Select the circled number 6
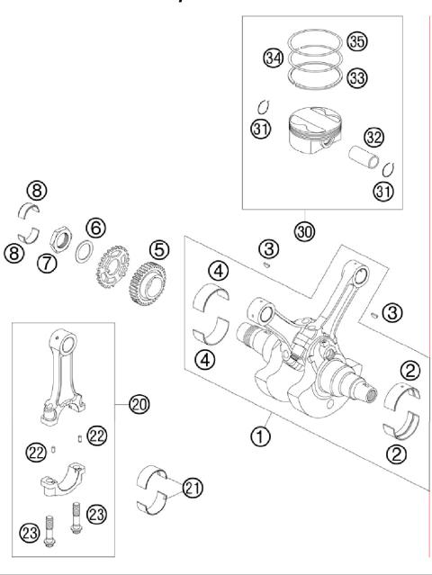pyautogui.click(x=95, y=227)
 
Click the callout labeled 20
pyautogui.click(x=138, y=405)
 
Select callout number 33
pyautogui.click(x=356, y=79)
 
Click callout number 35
pyautogui.click(x=357, y=41)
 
